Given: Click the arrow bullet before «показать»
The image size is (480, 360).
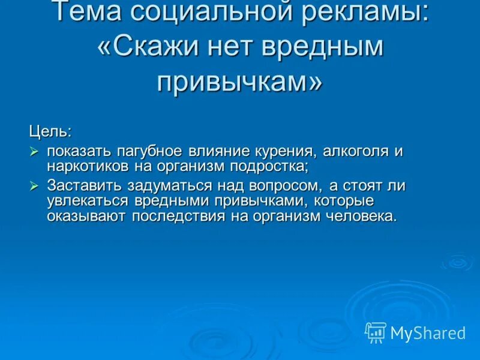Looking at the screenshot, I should point(35,151).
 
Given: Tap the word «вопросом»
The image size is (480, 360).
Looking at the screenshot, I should point(284,186).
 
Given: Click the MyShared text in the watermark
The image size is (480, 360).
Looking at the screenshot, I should point(428,332).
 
